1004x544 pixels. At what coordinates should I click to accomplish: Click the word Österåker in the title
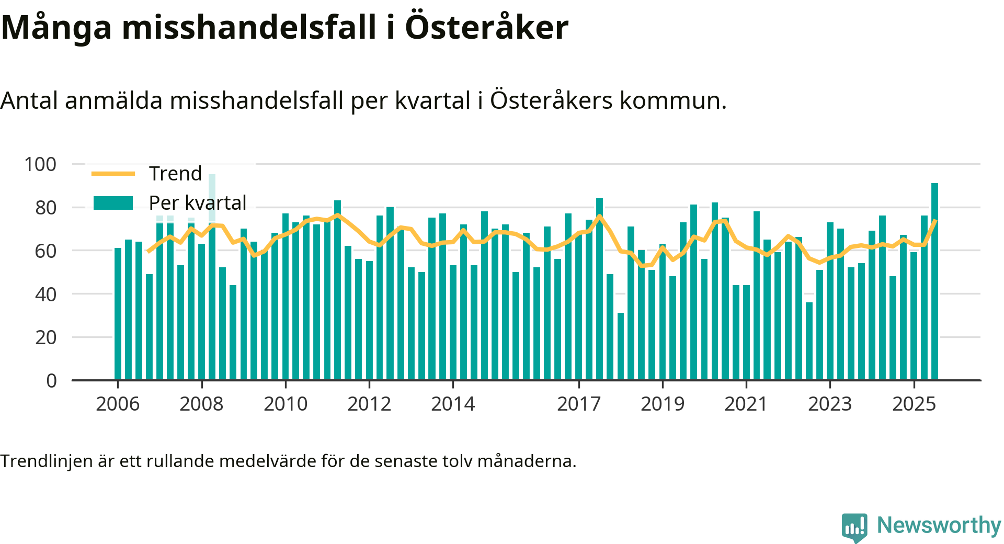click(486, 27)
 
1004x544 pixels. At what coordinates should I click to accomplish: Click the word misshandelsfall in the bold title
click(249, 27)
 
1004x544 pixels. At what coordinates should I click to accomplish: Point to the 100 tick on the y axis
click(40, 164)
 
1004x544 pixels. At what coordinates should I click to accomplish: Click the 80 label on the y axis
click(45, 208)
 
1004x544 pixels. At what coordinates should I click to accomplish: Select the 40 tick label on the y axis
click(45, 294)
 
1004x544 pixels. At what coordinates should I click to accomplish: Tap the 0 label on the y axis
click(51, 381)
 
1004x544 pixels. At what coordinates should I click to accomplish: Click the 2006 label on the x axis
click(118, 404)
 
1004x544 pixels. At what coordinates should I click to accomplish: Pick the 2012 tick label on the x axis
click(369, 404)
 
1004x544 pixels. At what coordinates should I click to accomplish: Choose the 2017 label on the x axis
click(579, 404)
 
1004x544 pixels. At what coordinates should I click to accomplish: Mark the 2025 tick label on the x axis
click(914, 404)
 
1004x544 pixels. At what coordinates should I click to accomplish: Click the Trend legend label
click(175, 174)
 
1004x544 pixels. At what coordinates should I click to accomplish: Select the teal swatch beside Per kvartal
click(113, 203)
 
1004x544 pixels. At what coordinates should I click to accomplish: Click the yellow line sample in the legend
click(113, 174)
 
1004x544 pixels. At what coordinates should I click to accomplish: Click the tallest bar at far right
click(934, 282)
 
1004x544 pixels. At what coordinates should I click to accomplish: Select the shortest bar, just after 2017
click(621, 346)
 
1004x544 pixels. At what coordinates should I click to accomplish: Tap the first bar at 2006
click(118, 314)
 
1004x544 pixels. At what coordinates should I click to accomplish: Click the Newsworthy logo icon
click(854, 527)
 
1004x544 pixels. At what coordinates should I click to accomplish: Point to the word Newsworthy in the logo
click(939, 525)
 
